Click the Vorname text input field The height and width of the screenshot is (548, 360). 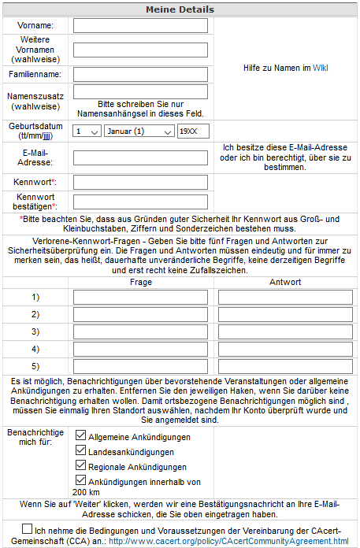[x=140, y=26]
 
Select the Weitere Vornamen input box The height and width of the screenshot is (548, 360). [x=140, y=50]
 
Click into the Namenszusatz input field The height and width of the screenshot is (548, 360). [x=140, y=92]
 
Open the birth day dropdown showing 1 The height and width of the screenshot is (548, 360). [x=87, y=131]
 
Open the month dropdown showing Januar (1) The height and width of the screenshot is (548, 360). [x=139, y=131]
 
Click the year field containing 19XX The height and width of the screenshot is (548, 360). [x=193, y=131]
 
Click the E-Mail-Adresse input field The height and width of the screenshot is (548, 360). [x=140, y=157]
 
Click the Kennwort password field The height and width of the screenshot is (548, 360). [x=140, y=183]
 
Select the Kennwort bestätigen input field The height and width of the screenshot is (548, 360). [x=140, y=202]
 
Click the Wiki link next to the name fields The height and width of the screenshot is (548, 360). [x=320, y=68]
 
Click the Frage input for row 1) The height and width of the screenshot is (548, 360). [x=141, y=298]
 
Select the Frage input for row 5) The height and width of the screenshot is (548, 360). [x=141, y=366]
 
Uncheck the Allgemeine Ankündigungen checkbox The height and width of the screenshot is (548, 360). [x=80, y=435]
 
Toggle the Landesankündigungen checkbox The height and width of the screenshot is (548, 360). [x=80, y=451]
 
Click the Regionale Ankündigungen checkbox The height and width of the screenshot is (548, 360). [x=80, y=467]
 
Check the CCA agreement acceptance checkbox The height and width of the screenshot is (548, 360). [x=28, y=529]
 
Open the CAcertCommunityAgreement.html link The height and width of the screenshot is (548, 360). [x=228, y=542]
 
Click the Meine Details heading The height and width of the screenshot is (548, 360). [x=180, y=9]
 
